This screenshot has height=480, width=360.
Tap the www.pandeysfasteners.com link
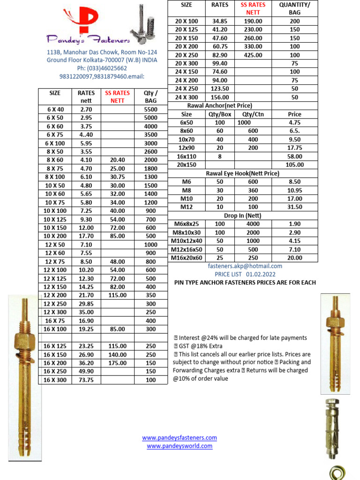click(180, 438)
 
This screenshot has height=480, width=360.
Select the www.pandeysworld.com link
click(180, 446)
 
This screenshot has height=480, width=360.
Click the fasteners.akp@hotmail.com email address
click(245, 266)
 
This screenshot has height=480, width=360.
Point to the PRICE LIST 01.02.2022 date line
click(245, 274)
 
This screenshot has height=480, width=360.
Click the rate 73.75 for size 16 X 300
click(86, 380)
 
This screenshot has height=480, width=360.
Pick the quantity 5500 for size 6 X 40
click(150, 109)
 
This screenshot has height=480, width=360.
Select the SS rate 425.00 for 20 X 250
click(253, 55)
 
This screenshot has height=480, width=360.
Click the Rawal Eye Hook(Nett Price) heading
click(242, 173)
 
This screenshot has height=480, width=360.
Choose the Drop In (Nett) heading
click(242, 216)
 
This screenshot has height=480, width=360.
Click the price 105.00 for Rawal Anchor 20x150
click(294, 165)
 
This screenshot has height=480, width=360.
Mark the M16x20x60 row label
click(187, 258)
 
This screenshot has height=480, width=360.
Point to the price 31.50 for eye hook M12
click(294, 207)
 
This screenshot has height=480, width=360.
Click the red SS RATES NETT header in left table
click(117, 97)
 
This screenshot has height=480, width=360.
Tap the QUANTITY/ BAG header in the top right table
click(294, 8)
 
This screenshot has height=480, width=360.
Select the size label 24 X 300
click(187, 97)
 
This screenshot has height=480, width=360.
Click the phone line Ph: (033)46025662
click(102, 68)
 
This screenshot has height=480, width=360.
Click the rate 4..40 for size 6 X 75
click(86, 135)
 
